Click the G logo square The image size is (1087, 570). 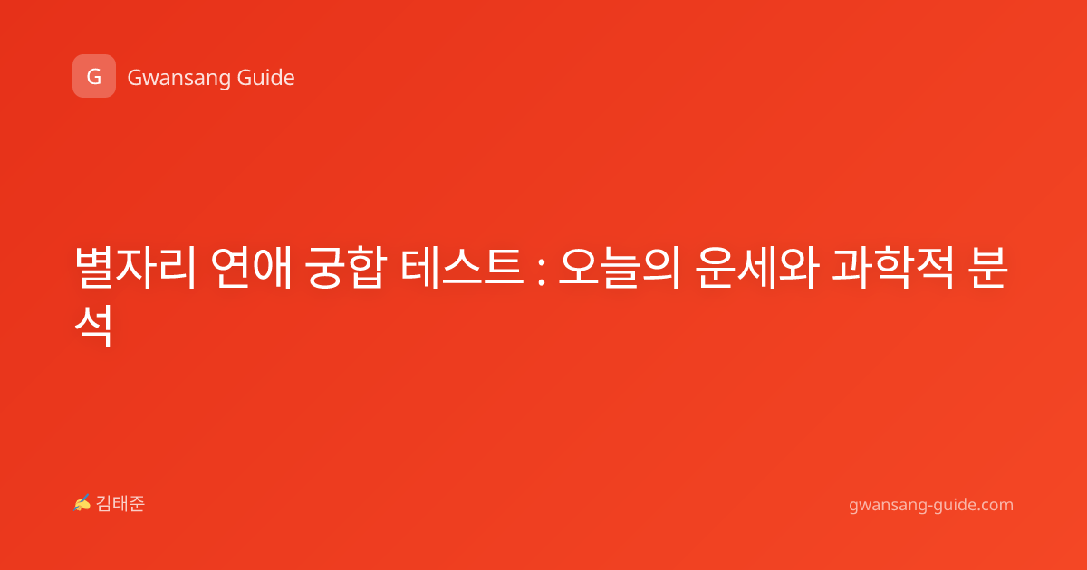coord(94,76)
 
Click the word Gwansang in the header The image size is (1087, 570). coord(178,79)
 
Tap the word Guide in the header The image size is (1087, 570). coord(265,77)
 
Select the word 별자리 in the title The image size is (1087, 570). coord(136,268)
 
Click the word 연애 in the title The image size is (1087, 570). coord(252,268)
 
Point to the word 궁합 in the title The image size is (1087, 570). coord(346,268)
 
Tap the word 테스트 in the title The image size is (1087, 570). coord(462,268)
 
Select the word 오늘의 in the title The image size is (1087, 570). coord(620,268)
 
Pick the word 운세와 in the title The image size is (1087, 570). coord(757,268)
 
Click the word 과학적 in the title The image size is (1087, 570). coord(893,268)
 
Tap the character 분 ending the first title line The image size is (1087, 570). coord(988,268)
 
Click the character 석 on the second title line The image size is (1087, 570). coord(94,326)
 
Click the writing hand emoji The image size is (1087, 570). coord(82,503)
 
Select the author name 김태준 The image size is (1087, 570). coord(120,504)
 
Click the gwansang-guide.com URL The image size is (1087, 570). coord(931,505)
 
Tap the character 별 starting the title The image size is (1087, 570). coord(94,268)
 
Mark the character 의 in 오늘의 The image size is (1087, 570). coord(661,268)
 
